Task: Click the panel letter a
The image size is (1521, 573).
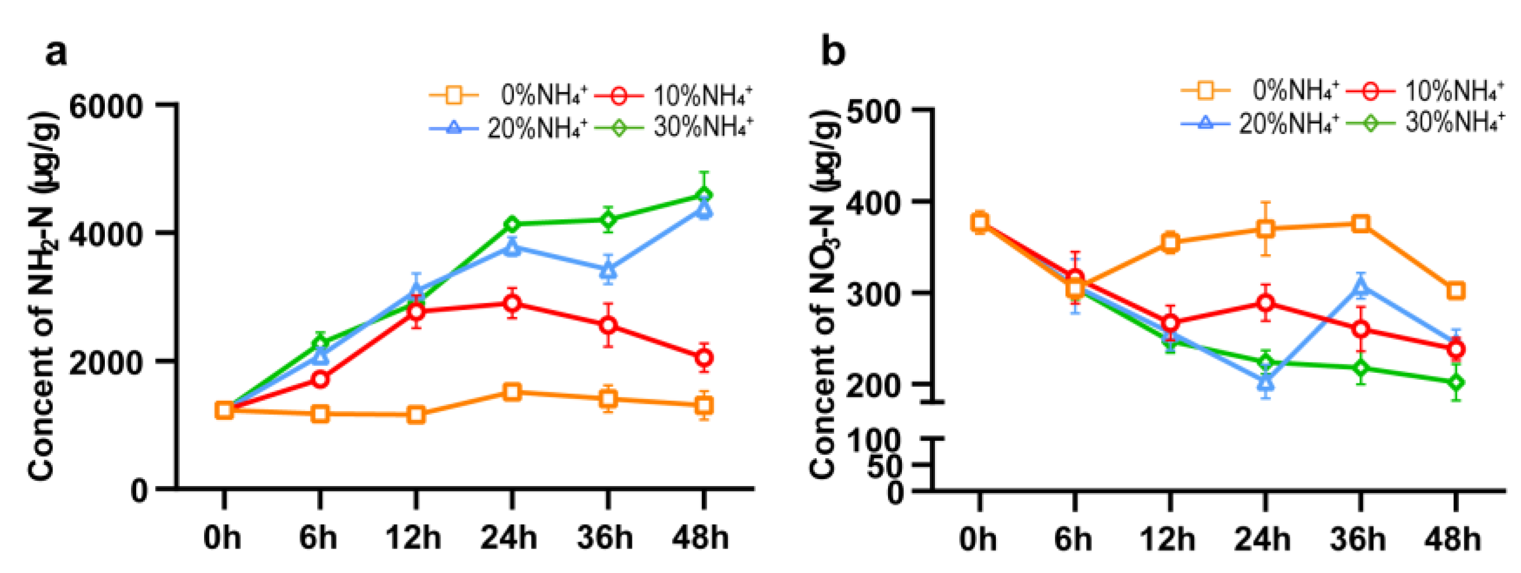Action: coord(56,53)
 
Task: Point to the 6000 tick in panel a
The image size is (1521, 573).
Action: coord(106,107)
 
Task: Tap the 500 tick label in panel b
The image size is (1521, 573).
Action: coord(873,111)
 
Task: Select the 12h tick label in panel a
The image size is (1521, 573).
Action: coord(413,538)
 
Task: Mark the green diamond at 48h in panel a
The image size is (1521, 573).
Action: coord(704,195)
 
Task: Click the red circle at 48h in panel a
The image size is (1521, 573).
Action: coord(704,357)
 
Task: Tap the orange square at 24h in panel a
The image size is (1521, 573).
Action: coord(512,391)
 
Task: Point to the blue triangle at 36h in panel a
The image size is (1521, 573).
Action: coord(608,269)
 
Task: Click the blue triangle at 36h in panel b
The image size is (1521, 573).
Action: coord(1361,287)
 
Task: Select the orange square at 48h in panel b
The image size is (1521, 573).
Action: coord(1456,291)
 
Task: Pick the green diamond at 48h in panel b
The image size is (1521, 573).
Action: coord(1456,383)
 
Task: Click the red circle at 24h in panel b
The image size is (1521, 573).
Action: coord(1265,303)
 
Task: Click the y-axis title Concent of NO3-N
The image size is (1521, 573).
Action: coord(824,295)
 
